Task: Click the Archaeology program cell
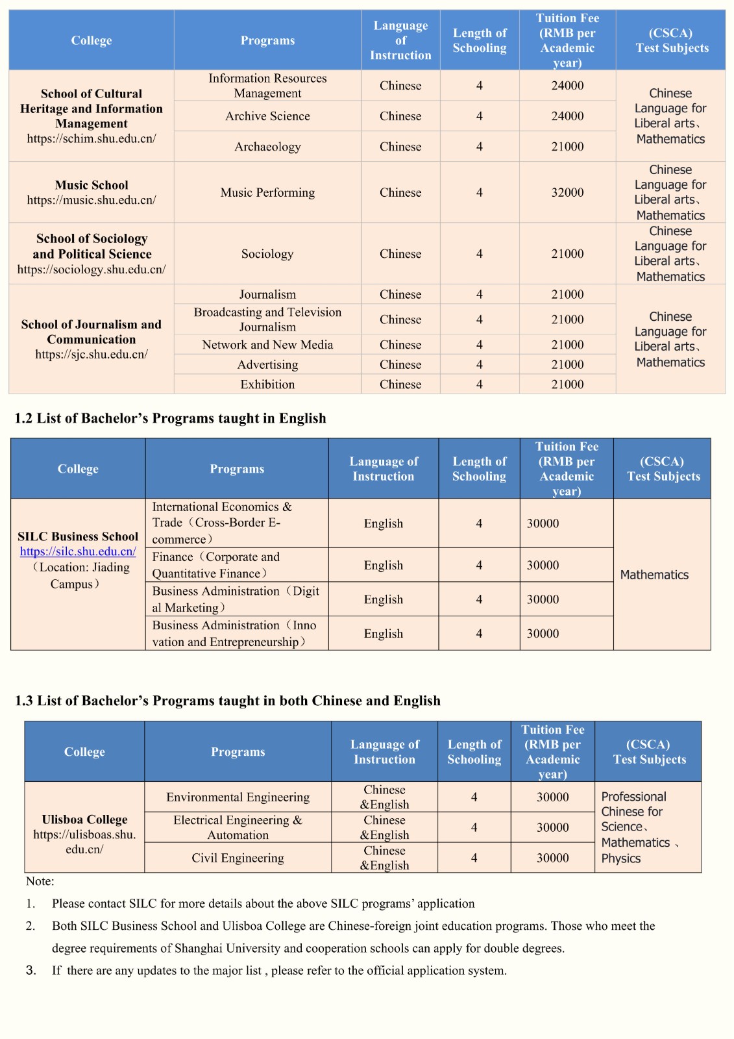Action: coord(267,147)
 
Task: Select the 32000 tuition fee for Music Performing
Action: coord(567,192)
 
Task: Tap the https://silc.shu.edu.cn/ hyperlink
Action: coord(78,551)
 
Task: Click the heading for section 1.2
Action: coord(170,418)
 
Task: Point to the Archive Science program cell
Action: coord(267,116)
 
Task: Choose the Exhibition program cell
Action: coord(267,384)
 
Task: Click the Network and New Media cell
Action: coord(267,345)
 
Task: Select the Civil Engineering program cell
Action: coord(238,858)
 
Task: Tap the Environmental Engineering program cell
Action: coord(238,797)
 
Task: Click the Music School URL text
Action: coord(92,200)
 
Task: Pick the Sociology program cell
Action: coord(267,254)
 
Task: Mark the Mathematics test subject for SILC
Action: coord(654,575)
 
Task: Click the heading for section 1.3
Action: coord(227,701)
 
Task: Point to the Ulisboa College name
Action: coord(84,820)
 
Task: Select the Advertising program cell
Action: coord(267,365)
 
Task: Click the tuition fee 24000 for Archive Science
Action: coord(567,116)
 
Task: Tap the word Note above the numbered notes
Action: coord(40,881)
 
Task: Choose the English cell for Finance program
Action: coord(383,565)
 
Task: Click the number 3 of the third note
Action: coord(31,970)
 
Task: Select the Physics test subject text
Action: coord(620,858)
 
